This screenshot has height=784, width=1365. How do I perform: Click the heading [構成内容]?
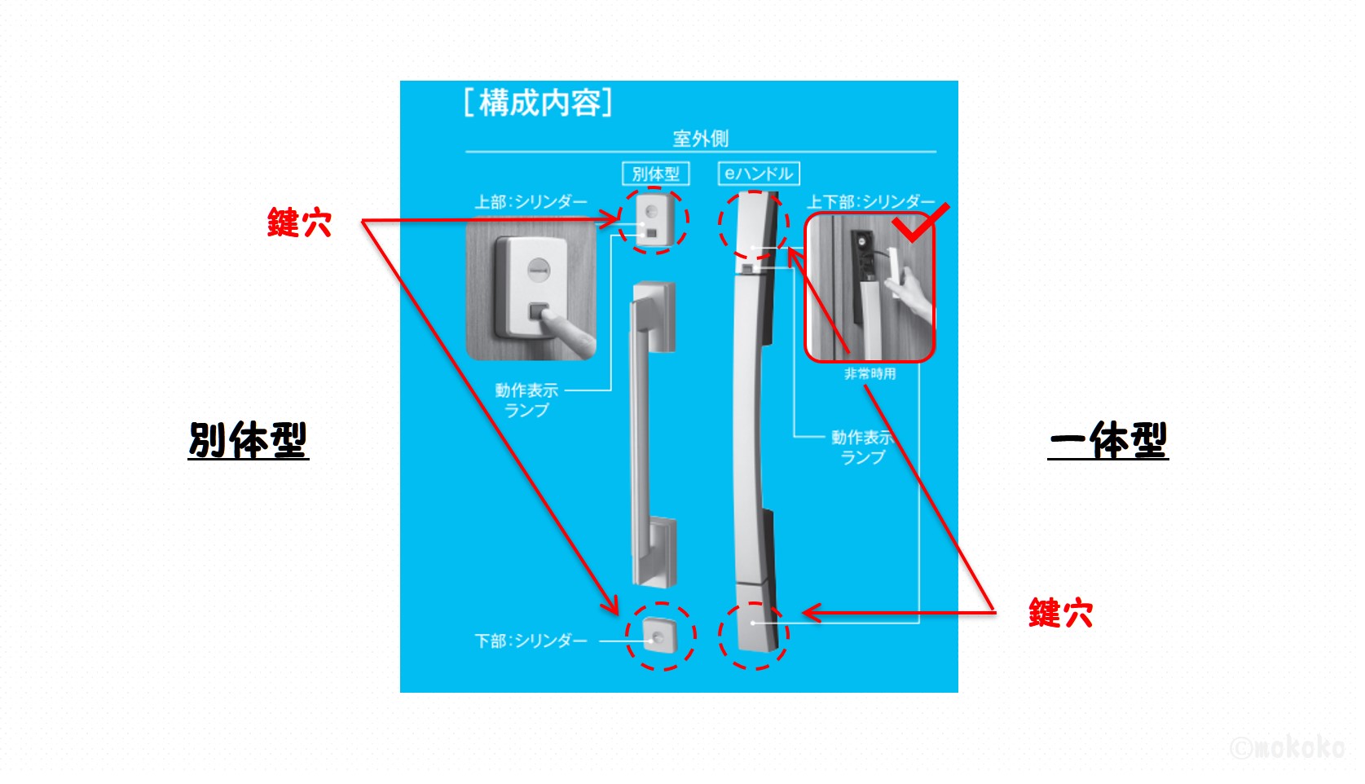click(x=538, y=104)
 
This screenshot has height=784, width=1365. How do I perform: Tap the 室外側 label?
click(x=700, y=139)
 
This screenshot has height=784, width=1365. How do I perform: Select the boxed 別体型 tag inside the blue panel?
click(x=655, y=174)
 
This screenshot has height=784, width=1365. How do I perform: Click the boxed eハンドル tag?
click(x=759, y=174)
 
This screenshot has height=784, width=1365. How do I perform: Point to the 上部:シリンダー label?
click(x=531, y=201)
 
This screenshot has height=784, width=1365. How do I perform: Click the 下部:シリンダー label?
click(x=531, y=641)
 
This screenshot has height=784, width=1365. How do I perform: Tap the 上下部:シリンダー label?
click(x=870, y=201)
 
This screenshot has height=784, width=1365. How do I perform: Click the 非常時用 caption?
click(x=870, y=373)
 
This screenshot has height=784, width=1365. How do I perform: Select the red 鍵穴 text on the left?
click(x=299, y=222)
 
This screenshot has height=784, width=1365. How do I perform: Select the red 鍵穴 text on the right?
click(x=1060, y=613)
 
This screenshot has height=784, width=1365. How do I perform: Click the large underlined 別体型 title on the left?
click(x=248, y=440)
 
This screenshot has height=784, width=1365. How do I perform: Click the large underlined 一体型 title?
click(x=1107, y=440)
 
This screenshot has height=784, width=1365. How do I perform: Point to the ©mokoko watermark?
click(x=1287, y=747)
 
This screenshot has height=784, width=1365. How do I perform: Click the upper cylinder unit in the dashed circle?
click(x=653, y=218)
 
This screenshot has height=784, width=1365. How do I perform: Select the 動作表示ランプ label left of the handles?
click(x=526, y=400)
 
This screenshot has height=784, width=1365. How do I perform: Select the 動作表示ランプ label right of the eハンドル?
click(x=862, y=447)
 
